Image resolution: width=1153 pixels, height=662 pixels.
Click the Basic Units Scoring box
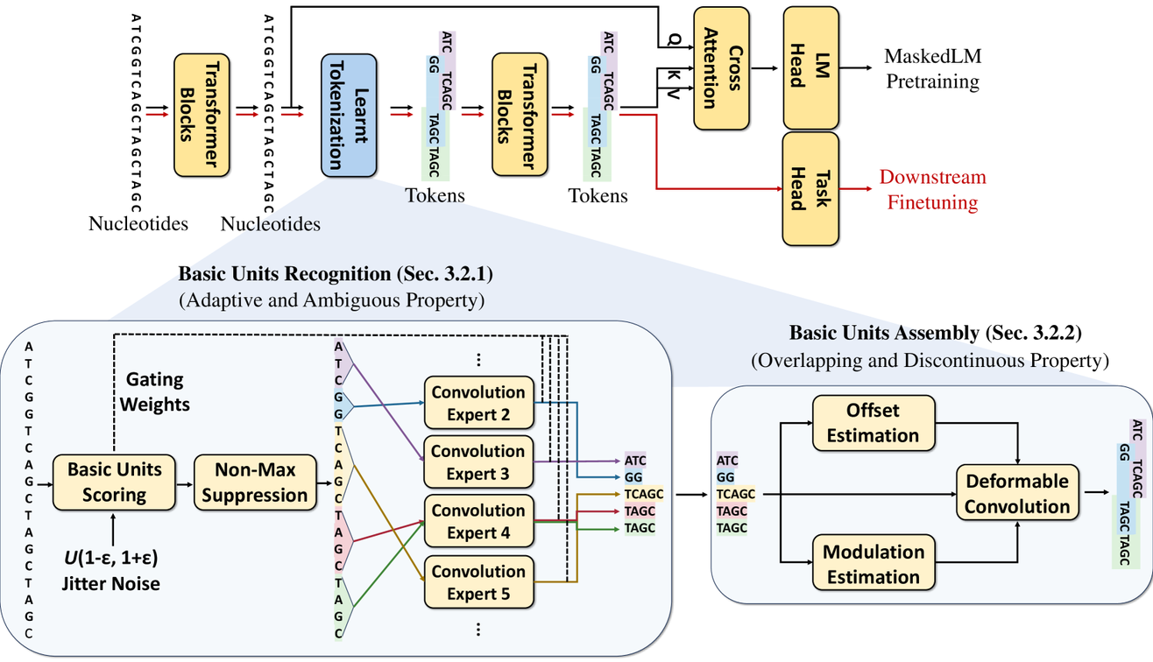pos(115,482)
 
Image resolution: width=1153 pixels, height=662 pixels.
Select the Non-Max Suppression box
pos(254,482)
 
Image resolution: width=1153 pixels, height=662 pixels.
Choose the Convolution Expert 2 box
pos(477,403)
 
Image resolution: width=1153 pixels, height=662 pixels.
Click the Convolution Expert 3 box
pos(477,462)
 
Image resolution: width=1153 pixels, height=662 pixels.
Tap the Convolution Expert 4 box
pos(477,521)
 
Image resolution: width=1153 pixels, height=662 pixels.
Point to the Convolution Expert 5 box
pos(477,582)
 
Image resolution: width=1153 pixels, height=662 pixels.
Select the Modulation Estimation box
pos(874,564)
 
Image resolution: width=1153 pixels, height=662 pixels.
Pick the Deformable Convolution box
pos(1017,494)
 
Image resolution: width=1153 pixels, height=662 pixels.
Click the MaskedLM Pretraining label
pos(932,69)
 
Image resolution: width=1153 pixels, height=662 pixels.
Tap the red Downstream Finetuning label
pos(932,190)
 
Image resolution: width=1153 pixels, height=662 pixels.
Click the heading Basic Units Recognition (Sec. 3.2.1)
pos(336,273)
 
